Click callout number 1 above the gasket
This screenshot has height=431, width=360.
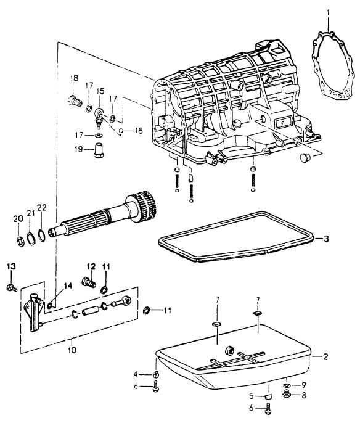coord(328,13)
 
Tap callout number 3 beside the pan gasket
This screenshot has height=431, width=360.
coord(326,239)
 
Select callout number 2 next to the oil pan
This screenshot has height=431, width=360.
coord(325,357)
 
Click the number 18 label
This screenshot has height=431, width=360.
coord(74,78)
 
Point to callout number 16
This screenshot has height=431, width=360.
coord(139,131)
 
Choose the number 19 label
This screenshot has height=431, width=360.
coord(78,149)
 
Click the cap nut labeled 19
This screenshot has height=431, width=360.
coord(98,150)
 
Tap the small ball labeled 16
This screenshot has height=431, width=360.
coord(121,130)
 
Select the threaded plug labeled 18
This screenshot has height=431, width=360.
coord(75,101)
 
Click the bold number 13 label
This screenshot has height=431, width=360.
coord(11,266)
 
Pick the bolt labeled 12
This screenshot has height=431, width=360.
coord(89,282)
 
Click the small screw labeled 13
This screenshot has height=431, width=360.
coord(11,288)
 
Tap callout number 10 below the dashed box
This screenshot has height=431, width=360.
coord(72,350)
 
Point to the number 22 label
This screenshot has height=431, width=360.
coord(42,208)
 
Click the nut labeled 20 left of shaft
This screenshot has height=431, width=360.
coord(20,242)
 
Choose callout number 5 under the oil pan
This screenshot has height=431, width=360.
coord(251,396)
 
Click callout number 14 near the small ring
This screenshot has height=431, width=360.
coord(68,286)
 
